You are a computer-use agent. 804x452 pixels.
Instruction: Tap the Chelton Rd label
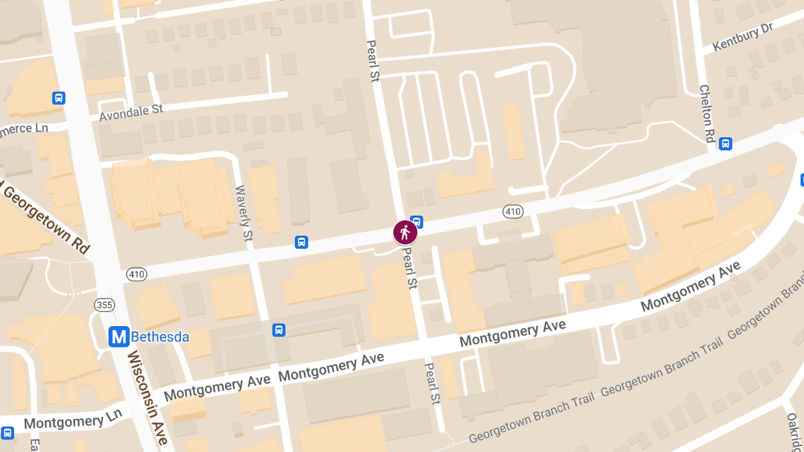pos(707,113)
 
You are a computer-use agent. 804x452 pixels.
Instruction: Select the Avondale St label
pos(131,112)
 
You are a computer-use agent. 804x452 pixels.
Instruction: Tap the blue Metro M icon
pos(119,337)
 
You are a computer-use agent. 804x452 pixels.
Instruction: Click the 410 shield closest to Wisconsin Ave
pos(135,275)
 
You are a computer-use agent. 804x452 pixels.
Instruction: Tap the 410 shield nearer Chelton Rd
pos(513,212)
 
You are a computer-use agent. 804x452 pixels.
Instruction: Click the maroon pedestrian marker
pos(405,232)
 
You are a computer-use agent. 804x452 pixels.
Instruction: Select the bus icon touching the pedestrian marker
pos(417,221)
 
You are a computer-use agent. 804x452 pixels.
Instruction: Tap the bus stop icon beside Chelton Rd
pos(725,143)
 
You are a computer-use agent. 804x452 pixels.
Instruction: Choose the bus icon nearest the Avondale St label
pos(59,98)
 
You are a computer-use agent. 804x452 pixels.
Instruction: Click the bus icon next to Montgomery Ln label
pos(7,433)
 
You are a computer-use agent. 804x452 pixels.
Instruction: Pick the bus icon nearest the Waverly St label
pos(301,242)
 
